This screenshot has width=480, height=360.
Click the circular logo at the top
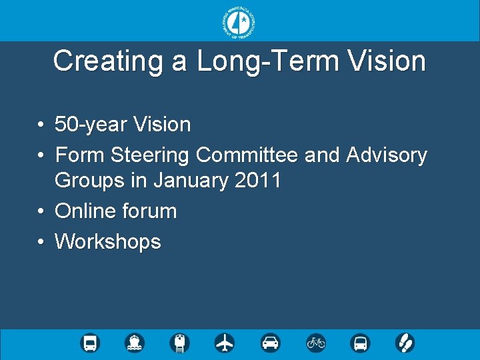click(239, 22)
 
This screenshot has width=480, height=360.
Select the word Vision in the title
click(387, 61)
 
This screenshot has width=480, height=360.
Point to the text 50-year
click(91, 124)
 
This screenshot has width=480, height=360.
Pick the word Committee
click(247, 155)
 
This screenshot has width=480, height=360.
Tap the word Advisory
click(387, 155)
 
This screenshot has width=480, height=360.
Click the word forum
click(149, 211)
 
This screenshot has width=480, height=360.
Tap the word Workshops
click(108, 241)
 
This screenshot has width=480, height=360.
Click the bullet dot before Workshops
click(41, 241)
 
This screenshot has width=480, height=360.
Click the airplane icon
click(225, 343)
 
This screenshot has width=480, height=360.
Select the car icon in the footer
click(270, 343)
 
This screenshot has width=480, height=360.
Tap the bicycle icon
click(315, 343)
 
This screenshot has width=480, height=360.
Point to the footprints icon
click(405, 343)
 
